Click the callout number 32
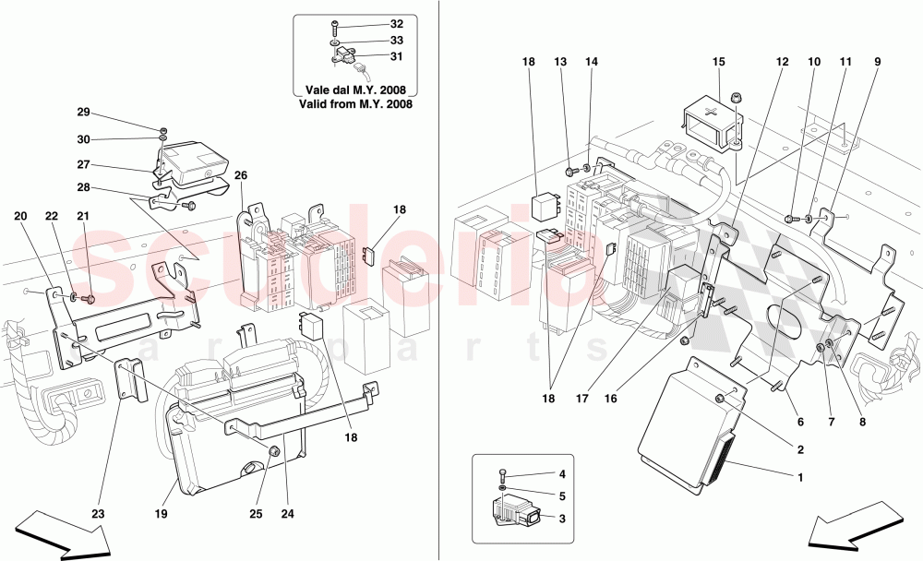point(397,24)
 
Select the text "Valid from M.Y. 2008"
point(354,104)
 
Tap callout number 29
point(83,112)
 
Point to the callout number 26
point(241,177)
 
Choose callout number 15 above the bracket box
point(719,62)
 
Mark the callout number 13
point(561,62)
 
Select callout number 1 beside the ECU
point(800,478)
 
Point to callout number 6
point(800,422)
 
